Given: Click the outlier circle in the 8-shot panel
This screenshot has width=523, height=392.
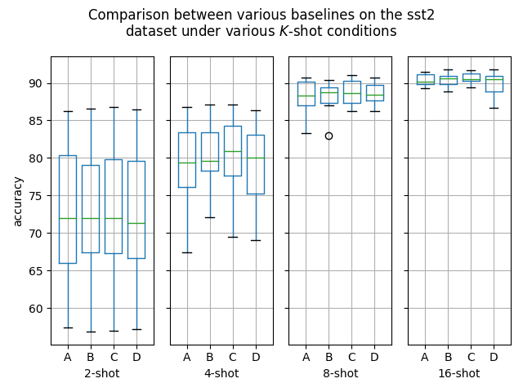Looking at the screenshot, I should (x=329, y=136).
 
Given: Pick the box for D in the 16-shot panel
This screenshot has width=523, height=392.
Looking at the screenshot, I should (x=494, y=84).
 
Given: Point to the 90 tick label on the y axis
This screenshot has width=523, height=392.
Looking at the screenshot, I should (x=36, y=83).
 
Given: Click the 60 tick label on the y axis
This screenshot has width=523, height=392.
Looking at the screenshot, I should (x=36, y=309).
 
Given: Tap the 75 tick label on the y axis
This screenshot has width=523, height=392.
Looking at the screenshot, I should (x=36, y=196).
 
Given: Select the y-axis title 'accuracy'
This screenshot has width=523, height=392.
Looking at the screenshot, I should (x=17, y=200).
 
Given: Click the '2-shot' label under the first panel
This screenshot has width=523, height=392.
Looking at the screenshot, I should (x=102, y=374).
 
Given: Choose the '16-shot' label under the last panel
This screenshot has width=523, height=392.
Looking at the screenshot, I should (x=459, y=374).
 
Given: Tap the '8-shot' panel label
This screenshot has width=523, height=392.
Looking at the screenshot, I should (x=340, y=374).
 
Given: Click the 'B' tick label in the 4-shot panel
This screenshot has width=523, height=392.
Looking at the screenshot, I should (x=210, y=357).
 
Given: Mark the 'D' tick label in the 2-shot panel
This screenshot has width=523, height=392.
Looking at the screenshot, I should (x=136, y=357).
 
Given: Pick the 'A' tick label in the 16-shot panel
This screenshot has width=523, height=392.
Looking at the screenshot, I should (x=425, y=357).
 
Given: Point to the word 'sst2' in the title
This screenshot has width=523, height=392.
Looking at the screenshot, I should (x=421, y=16).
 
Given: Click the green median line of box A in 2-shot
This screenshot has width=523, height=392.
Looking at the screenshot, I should (x=68, y=218).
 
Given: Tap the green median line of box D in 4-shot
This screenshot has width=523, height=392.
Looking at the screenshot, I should (x=256, y=158).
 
